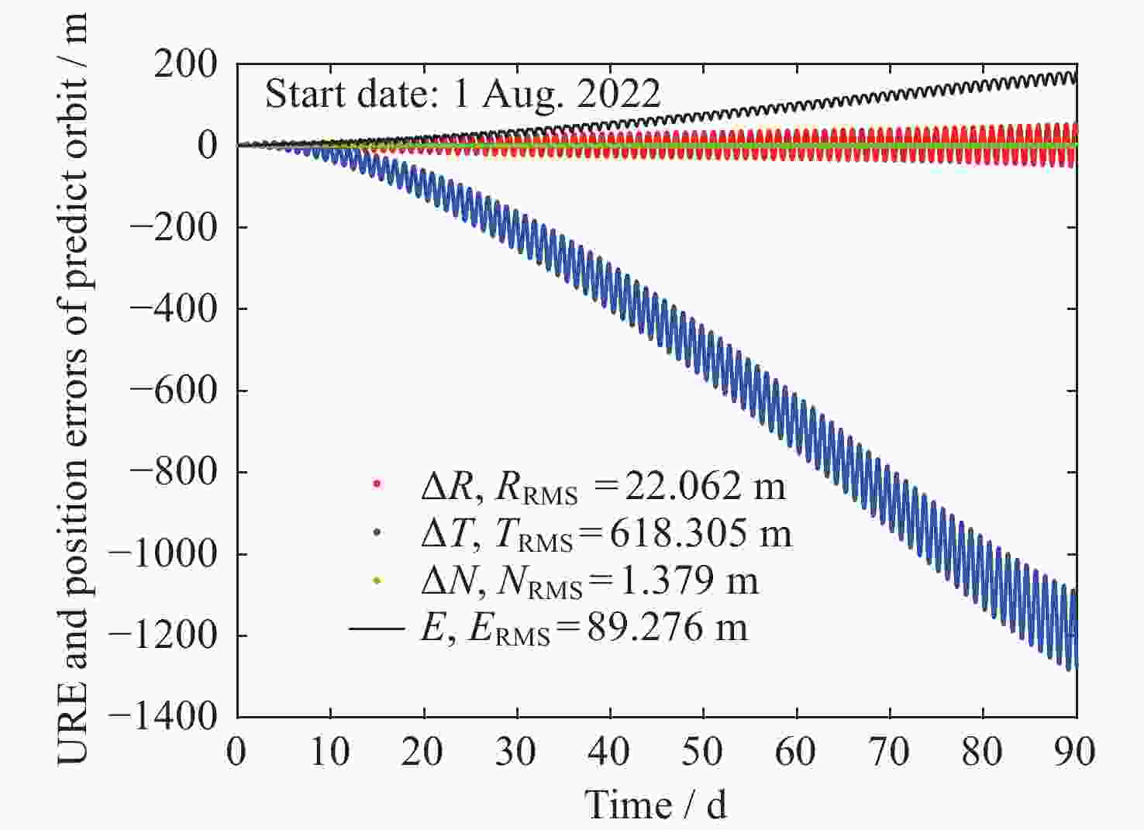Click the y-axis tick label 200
(185, 65)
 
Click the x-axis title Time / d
(656, 804)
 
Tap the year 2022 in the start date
(619, 95)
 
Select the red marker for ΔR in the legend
(377, 484)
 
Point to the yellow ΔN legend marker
(377, 580)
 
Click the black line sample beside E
(377, 627)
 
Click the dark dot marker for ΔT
(377, 532)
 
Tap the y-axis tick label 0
(207, 146)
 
